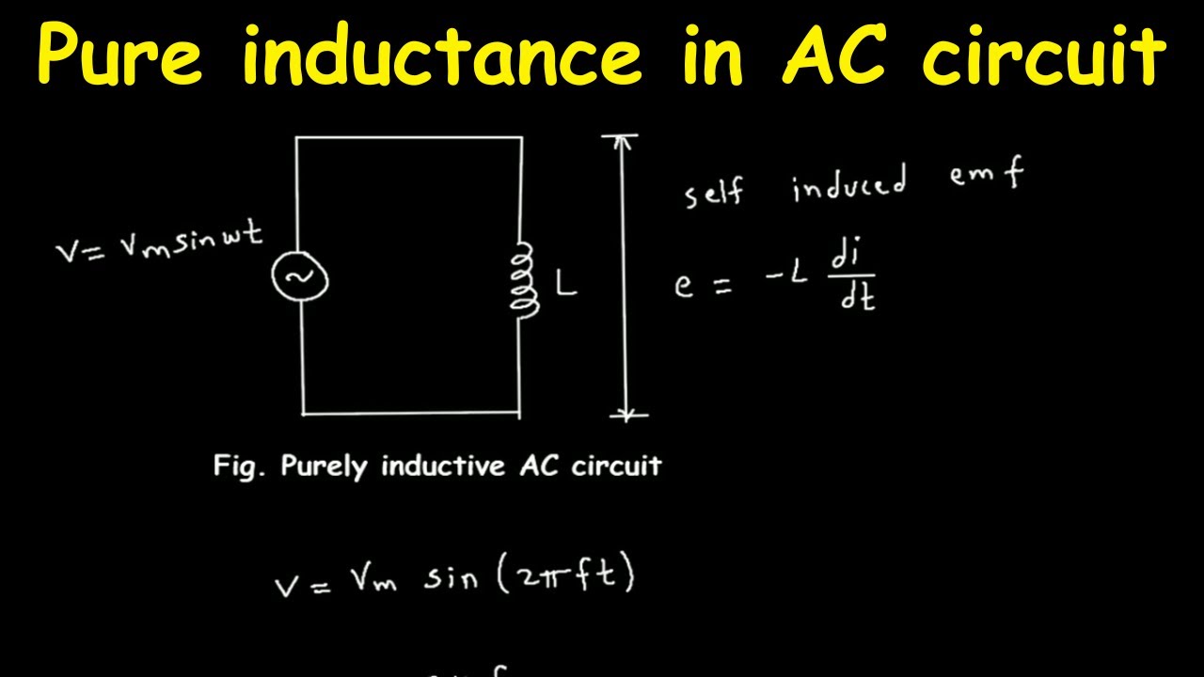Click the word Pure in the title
click(120, 54)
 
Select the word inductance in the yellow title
click(442, 54)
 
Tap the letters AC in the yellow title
click(833, 54)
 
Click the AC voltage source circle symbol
click(300, 276)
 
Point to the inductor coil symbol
click(524, 280)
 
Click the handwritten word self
click(714, 191)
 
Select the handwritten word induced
click(849, 182)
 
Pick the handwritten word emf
click(987, 173)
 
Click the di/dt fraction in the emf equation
click(852, 274)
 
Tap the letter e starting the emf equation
click(684, 286)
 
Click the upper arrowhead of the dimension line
click(622, 141)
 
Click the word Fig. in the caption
click(239, 466)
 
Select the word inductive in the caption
click(443, 465)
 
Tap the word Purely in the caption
click(325, 466)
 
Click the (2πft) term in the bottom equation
click(566, 574)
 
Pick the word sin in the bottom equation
click(451, 578)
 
